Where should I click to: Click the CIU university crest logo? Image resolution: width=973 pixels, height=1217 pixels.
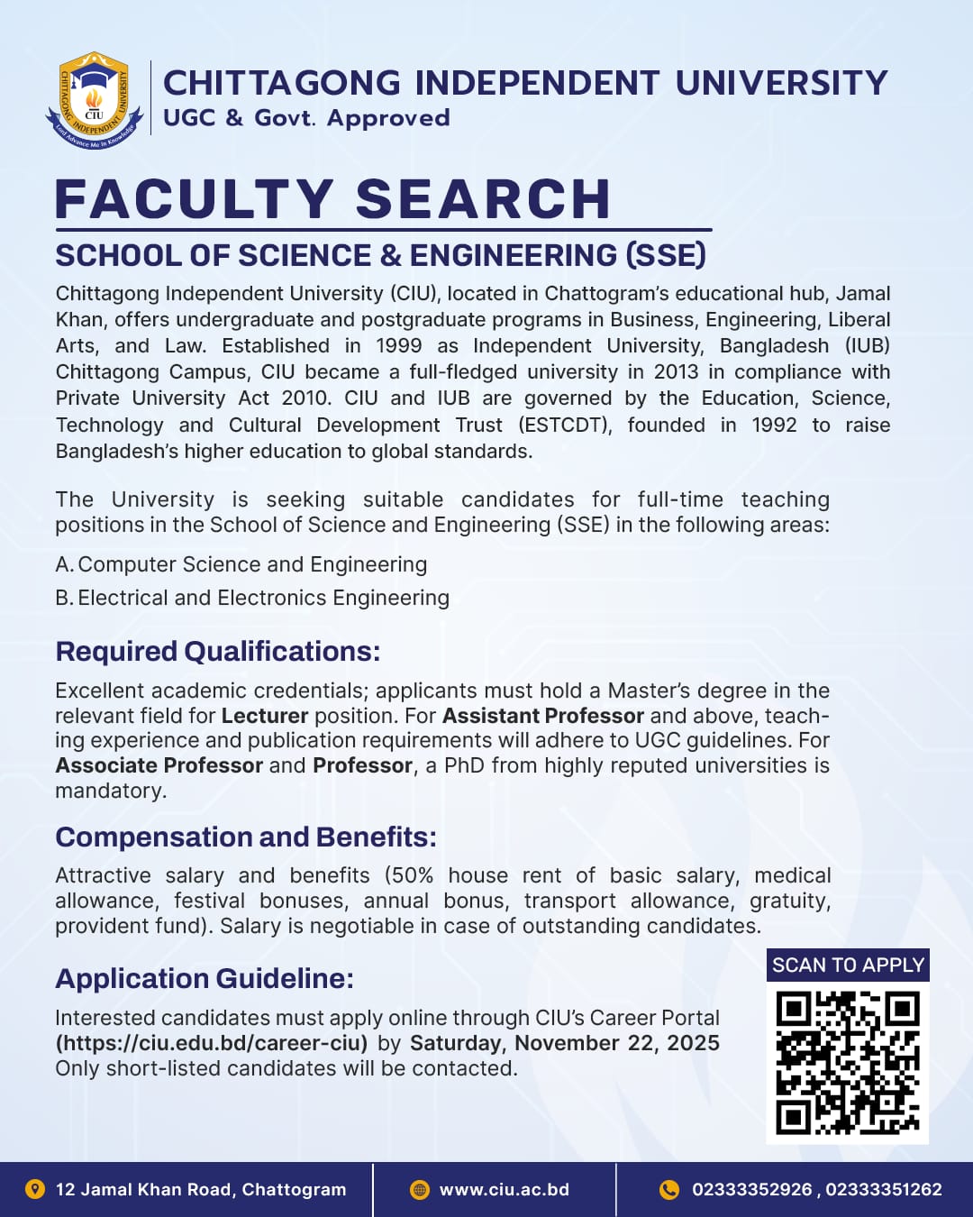click(x=95, y=100)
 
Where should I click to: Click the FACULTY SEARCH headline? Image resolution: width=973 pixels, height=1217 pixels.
click(x=332, y=199)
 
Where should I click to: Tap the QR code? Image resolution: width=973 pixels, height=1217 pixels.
click(x=847, y=1063)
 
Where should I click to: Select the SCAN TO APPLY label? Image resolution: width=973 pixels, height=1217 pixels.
click(x=848, y=965)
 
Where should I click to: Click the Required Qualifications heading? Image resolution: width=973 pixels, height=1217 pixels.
click(x=218, y=651)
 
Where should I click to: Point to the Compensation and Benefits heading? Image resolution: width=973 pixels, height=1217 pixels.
click(x=246, y=837)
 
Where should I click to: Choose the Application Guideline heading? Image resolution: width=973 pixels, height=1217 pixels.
click(x=205, y=978)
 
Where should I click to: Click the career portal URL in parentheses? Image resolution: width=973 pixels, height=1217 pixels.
click(x=212, y=1043)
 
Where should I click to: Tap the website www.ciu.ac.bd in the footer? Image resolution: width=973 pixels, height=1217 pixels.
click(x=504, y=1189)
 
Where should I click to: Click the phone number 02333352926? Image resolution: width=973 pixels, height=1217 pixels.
click(x=751, y=1189)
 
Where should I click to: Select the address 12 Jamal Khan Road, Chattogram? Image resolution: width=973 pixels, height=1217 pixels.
click(x=201, y=1189)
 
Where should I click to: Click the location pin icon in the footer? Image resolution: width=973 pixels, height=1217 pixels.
click(x=35, y=1189)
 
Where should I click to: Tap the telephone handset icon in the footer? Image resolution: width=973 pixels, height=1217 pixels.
click(x=669, y=1189)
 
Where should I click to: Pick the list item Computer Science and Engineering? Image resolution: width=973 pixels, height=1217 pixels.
click(x=252, y=564)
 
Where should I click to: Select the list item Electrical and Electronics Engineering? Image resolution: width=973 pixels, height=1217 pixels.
click(x=263, y=598)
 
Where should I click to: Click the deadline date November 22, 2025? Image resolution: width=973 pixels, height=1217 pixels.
click(x=617, y=1043)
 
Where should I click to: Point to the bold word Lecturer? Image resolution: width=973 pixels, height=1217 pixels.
click(x=265, y=716)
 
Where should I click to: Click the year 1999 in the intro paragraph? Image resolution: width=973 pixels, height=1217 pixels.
click(x=397, y=346)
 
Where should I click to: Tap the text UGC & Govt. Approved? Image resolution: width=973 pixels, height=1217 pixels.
click(x=306, y=118)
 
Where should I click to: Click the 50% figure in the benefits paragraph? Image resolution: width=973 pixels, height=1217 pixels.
click(x=412, y=875)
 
